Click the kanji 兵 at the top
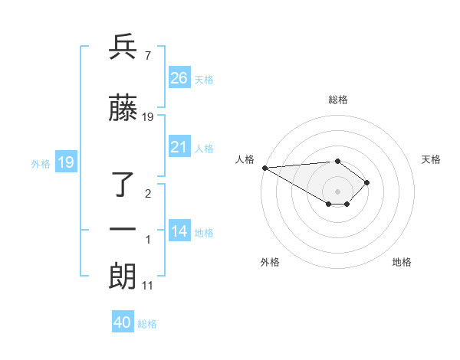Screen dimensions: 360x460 tap(123, 47)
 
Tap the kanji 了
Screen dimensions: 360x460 tap(123, 185)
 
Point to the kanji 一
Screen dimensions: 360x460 tap(123, 229)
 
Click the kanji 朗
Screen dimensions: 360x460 tap(123, 277)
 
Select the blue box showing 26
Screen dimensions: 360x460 tap(179, 78)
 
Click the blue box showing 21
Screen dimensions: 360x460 tap(179, 147)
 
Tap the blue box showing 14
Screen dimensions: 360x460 tap(179, 231)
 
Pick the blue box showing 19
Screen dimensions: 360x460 tap(65, 162)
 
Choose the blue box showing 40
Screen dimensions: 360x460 tap(123, 322)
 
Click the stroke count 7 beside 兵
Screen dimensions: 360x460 tap(147, 55)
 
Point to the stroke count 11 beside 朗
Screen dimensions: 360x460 tap(149, 286)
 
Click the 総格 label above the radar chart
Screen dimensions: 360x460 tap(337, 100)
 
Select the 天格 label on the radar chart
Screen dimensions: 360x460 tap(431, 159)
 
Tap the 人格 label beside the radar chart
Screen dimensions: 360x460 tap(245, 159)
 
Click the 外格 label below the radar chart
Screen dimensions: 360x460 tap(270, 262)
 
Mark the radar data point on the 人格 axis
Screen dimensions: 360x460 tap(264, 168)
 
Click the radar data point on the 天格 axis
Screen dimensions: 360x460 tap(368, 182)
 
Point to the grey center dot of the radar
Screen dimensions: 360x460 tap(337, 191)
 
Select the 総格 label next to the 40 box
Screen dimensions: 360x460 tap(147, 324)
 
